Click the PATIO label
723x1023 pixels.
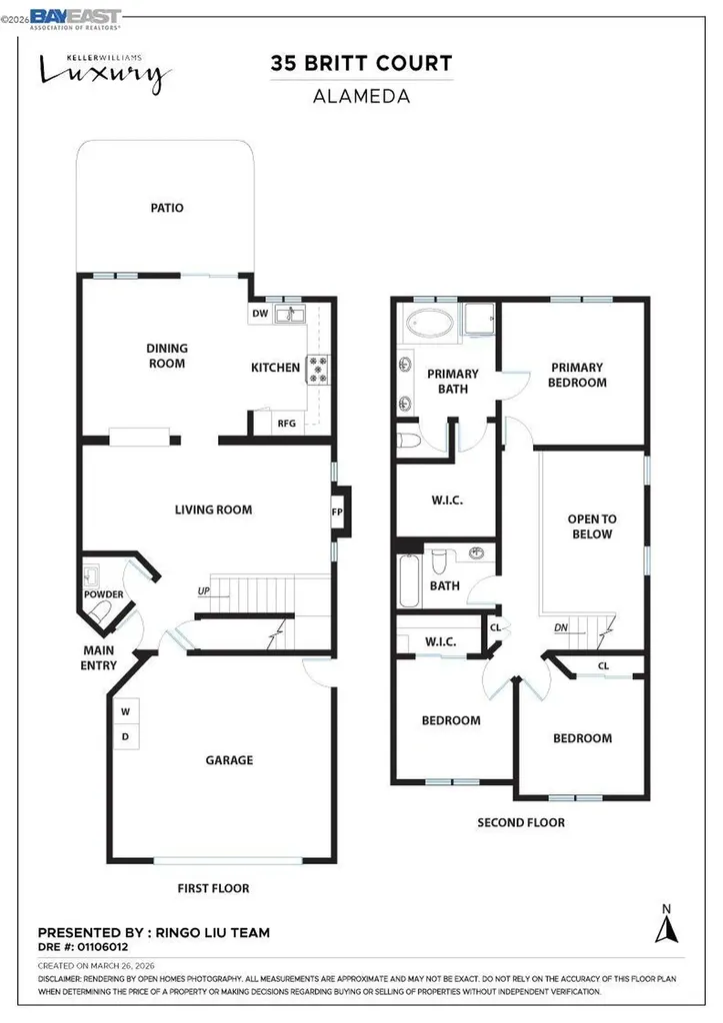coord(167,208)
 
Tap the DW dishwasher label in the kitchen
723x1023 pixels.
coord(259,314)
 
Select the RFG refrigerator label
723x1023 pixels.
coord(287,423)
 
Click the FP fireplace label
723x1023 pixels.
coord(337,511)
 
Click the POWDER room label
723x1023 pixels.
coord(104,595)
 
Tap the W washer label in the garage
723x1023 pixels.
coord(126,712)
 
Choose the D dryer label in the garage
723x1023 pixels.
coord(126,737)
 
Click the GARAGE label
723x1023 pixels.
coord(229,760)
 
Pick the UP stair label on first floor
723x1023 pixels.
coord(204,590)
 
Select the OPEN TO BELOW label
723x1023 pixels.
coord(591,526)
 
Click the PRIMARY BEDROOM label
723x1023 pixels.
coord(578,375)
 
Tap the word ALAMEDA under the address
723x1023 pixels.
coord(361,98)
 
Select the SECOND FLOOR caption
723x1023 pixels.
coord(520,822)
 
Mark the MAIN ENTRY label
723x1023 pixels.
coord(99,659)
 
